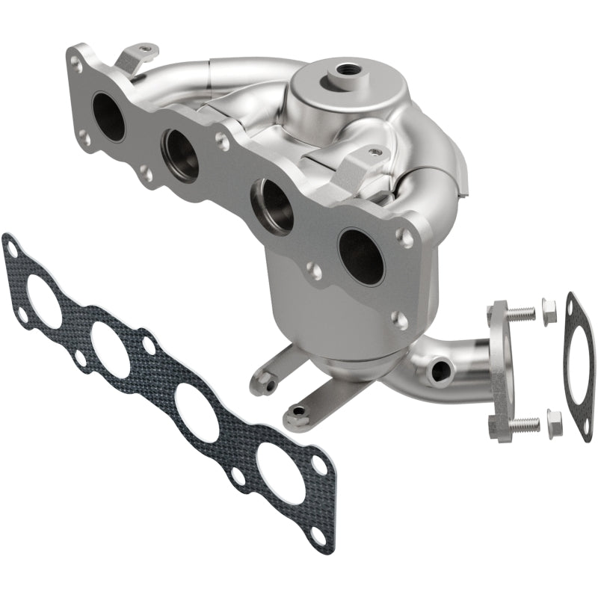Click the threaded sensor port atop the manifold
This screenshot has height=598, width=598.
[x=346, y=71]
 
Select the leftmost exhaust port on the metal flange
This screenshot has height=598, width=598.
[x=109, y=116]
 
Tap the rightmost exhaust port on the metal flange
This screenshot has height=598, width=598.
[x=360, y=255]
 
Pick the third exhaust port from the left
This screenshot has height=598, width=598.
[x=272, y=206]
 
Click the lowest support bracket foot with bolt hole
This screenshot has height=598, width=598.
[x=300, y=412]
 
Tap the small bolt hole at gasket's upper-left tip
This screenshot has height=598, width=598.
[x=12, y=246]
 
